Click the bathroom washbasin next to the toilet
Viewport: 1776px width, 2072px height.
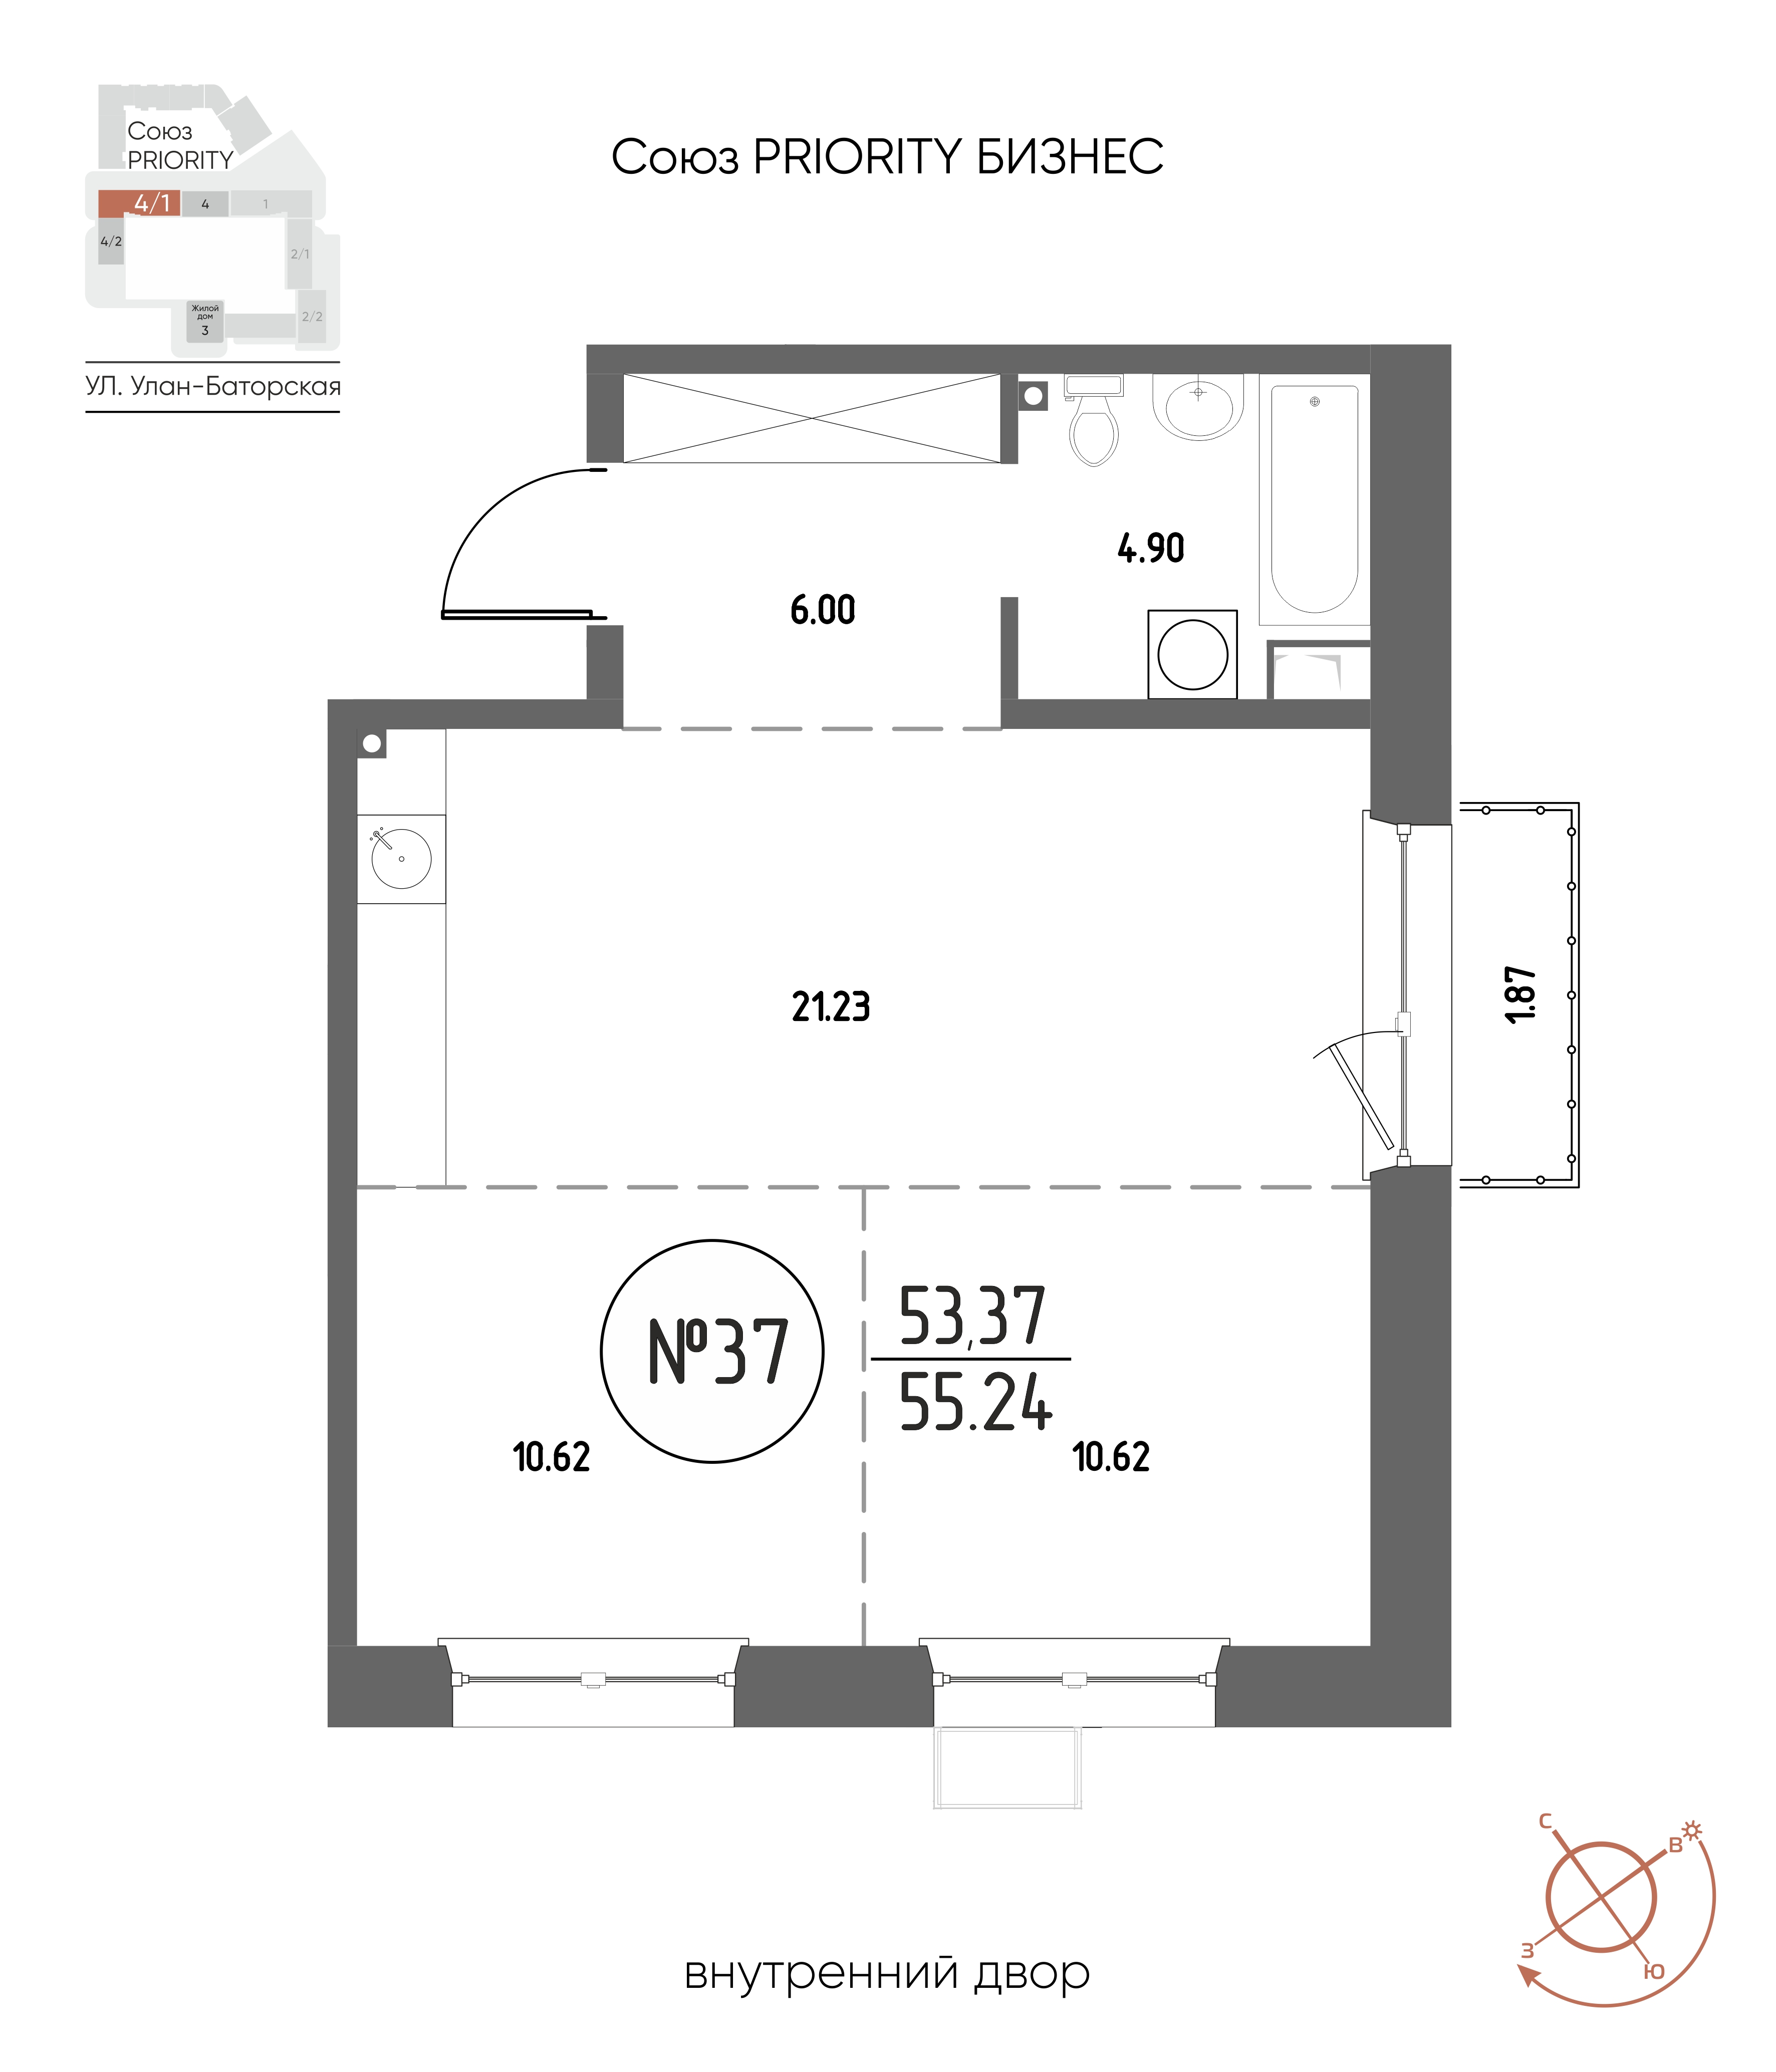coord(1198,406)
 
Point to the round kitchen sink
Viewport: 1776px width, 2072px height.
coord(401,858)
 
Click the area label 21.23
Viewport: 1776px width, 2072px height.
coord(831,1007)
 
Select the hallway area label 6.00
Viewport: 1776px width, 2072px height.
coord(823,610)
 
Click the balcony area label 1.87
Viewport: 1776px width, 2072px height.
coord(1520,994)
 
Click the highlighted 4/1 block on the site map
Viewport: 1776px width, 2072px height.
coord(139,203)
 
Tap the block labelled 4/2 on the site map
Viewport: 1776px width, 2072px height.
coord(111,242)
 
